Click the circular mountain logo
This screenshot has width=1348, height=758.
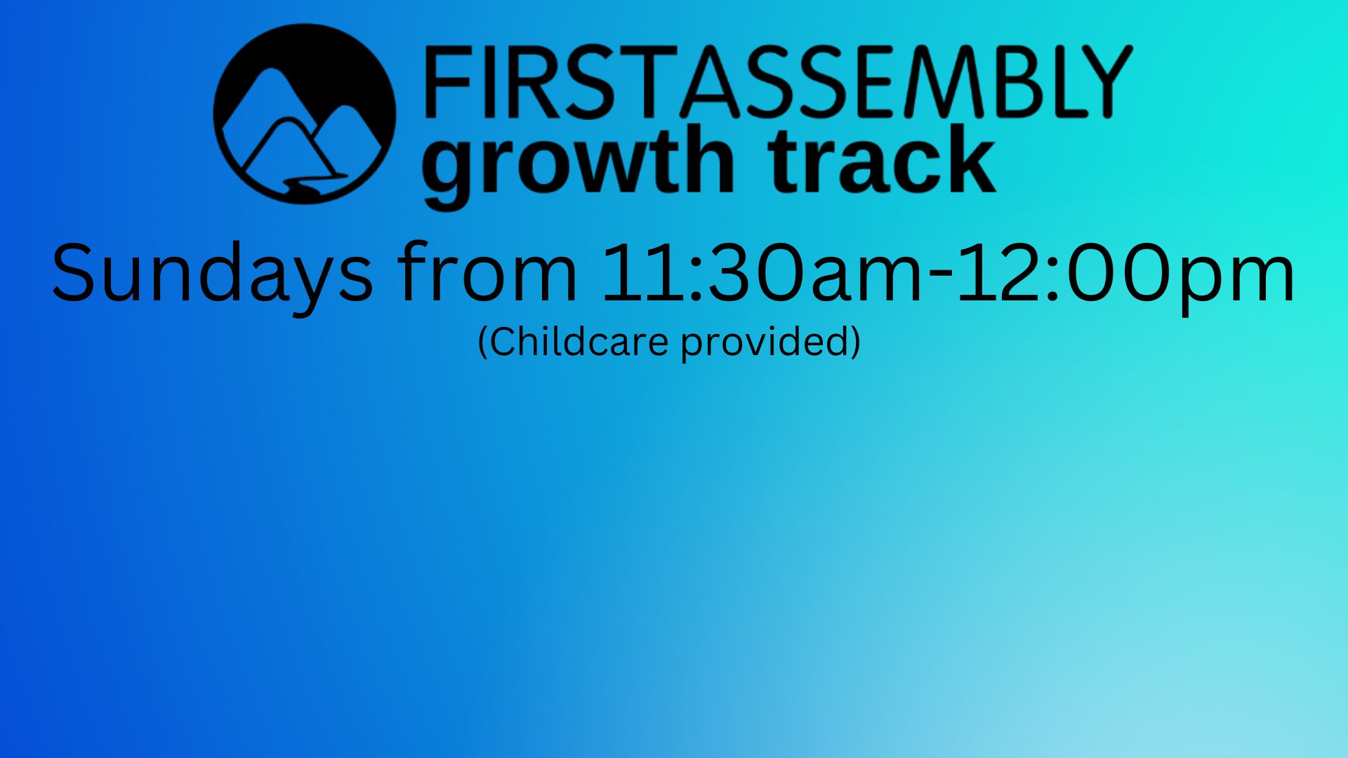(x=304, y=114)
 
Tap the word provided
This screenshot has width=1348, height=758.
(x=766, y=343)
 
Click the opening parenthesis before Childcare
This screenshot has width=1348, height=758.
(x=482, y=343)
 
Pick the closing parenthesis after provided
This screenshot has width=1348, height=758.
(x=856, y=343)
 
